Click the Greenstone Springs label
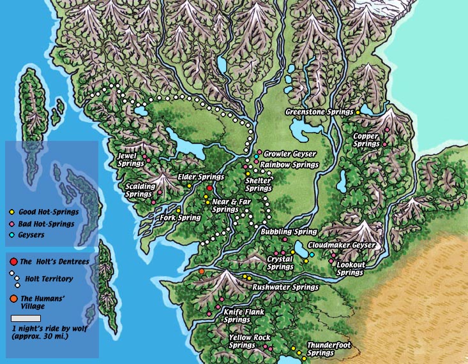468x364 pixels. tap(319, 112)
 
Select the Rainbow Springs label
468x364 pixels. tap(289, 164)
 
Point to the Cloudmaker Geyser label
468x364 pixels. tap(341, 245)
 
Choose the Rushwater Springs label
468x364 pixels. tap(285, 288)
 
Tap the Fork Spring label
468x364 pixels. tap(181, 218)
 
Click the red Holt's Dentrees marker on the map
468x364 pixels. tap(209, 189)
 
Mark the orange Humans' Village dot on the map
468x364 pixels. tap(202, 272)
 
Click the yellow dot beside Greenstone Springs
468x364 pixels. tap(358, 112)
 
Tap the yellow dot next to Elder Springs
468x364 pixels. tap(190, 186)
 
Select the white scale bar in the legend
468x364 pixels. tap(26, 317)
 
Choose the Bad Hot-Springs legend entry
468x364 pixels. tap(46, 224)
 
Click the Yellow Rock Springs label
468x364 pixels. tap(249, 341)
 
